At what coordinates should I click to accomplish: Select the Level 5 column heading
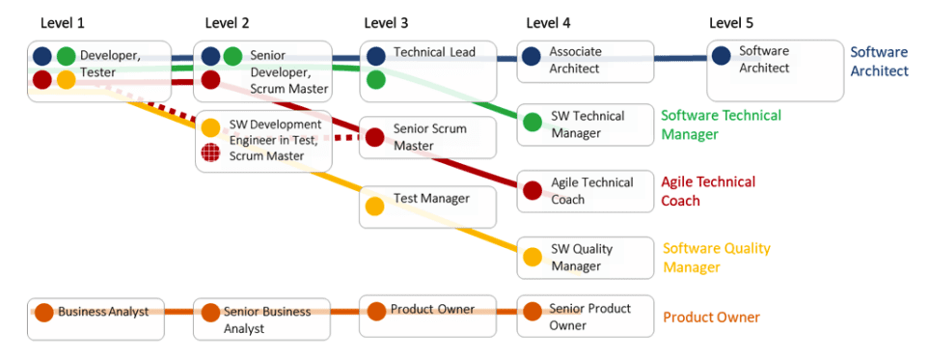[732, 22]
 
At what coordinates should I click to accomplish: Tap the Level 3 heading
[386, 22]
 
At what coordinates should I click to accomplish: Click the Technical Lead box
[427, 70]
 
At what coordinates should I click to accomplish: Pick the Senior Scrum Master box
[427, 137]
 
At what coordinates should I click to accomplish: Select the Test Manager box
[427, 207]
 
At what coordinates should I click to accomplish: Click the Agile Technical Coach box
[585, 190]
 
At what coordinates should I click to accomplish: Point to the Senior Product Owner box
[585, 317]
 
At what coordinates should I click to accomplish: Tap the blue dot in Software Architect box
[721, 57]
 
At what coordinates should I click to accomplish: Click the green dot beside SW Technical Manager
[532, 123]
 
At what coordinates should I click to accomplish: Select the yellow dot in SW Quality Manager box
[532, 257]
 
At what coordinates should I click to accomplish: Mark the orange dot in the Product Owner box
[375, 312]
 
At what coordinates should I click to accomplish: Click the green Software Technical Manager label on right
[721, 125]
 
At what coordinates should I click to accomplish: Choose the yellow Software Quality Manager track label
[717, 258]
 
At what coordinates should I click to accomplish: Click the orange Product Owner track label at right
[711, 318]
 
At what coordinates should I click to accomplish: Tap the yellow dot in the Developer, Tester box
[66, 79]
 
